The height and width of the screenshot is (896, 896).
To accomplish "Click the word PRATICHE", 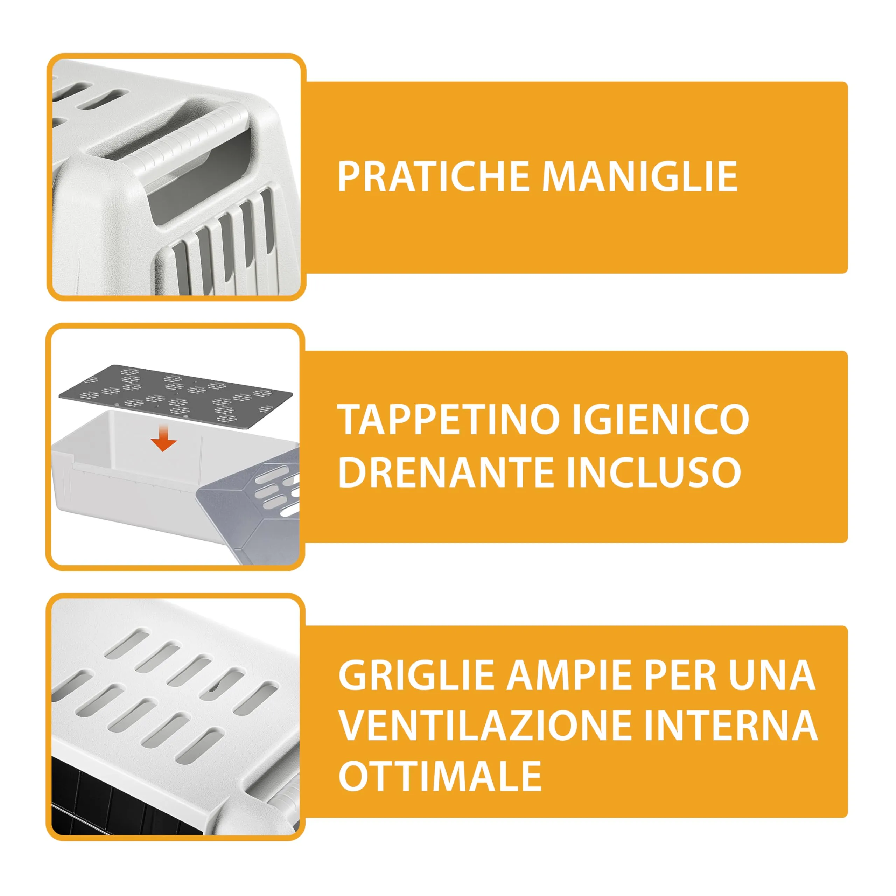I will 434,177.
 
